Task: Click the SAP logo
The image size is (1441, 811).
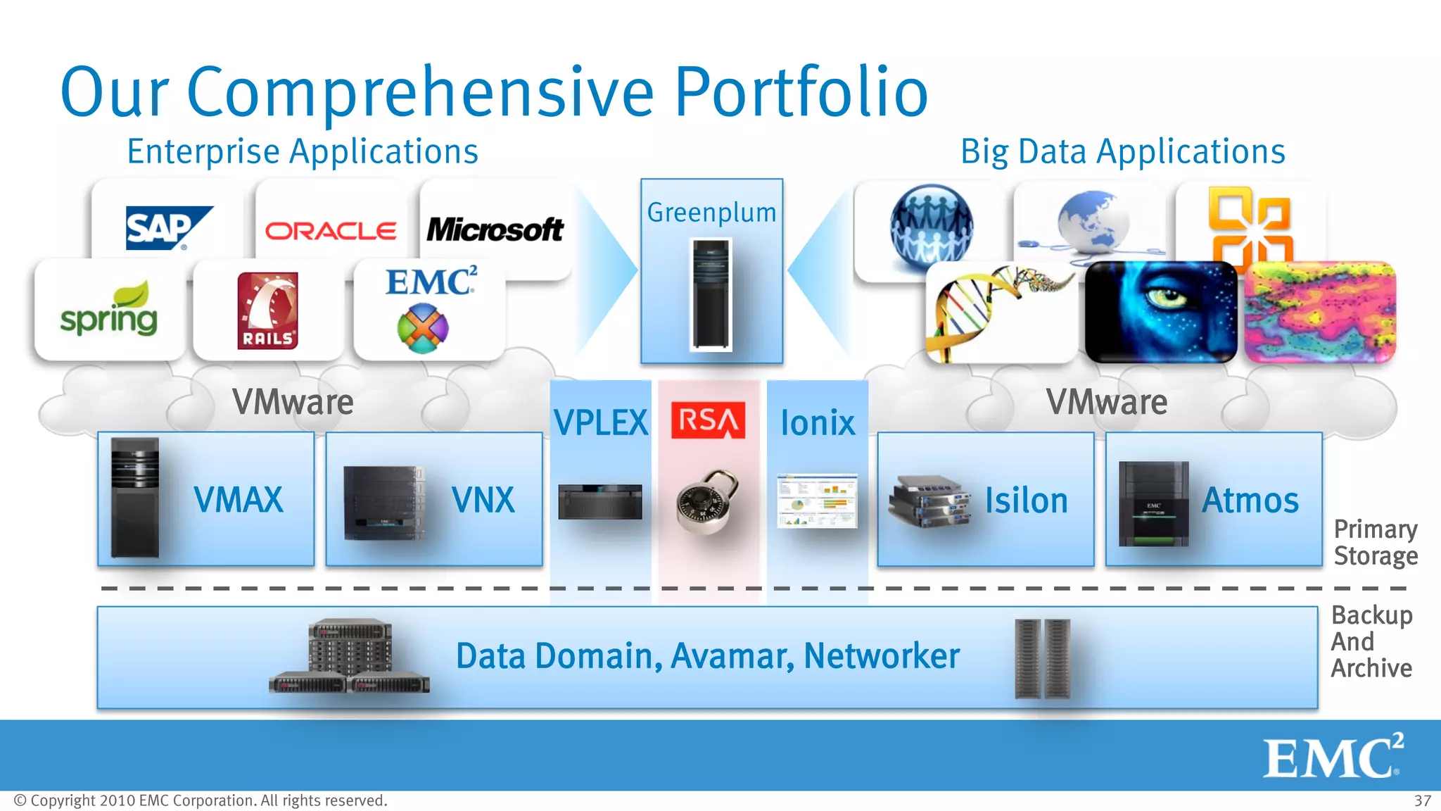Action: pos(167,227)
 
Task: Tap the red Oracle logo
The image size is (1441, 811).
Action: pos(330,231)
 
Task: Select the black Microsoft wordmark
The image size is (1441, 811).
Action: pos(495,230)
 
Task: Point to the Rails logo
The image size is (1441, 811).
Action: pos(267,310)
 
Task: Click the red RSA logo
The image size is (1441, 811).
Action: pos(708,420)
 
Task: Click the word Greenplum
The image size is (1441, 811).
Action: pos(711,212)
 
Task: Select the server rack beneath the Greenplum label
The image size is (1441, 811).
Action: pos(711,294)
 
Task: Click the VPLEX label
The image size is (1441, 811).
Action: pos(600,423)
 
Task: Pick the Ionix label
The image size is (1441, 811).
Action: pos(818,423)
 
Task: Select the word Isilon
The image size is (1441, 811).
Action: pos(1026,501)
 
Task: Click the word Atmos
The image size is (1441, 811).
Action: pos(1250,501)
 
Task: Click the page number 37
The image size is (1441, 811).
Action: pos(1422,801)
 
